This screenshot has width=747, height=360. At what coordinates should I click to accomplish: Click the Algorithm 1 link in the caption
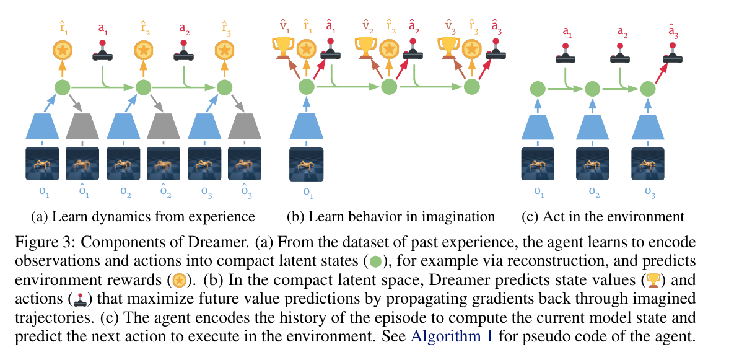pos(452,336)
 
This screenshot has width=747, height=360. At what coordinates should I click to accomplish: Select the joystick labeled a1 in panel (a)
pos(102,50)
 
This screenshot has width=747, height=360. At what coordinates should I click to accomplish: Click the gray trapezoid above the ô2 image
pos(164,126)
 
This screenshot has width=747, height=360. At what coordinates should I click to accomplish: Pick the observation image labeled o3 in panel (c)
pos(648,164)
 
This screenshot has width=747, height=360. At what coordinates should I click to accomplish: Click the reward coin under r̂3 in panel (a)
pos(224,50)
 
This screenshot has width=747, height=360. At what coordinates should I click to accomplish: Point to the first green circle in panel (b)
pos(306,87)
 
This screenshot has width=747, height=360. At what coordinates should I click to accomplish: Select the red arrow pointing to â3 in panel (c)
pos(662,73)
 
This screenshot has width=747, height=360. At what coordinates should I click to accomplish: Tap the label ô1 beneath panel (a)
pos(84,190)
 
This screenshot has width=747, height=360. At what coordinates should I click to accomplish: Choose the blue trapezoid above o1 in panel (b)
pos(306,126)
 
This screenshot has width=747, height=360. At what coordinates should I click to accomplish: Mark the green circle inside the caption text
pos(375,261)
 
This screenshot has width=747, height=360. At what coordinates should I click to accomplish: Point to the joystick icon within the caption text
pos(80,300)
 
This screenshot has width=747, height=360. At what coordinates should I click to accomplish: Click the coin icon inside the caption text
pos(179,281)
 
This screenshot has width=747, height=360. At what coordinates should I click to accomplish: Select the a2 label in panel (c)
pos(622,32)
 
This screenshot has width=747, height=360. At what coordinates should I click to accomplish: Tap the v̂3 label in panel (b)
pos(450,27)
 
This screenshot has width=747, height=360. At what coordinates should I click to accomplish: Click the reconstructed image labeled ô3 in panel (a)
pos(245,164)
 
